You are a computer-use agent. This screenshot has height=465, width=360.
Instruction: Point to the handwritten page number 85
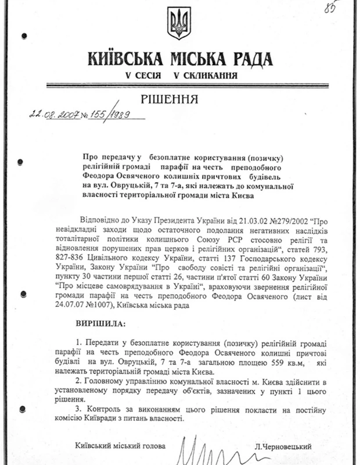332,9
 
